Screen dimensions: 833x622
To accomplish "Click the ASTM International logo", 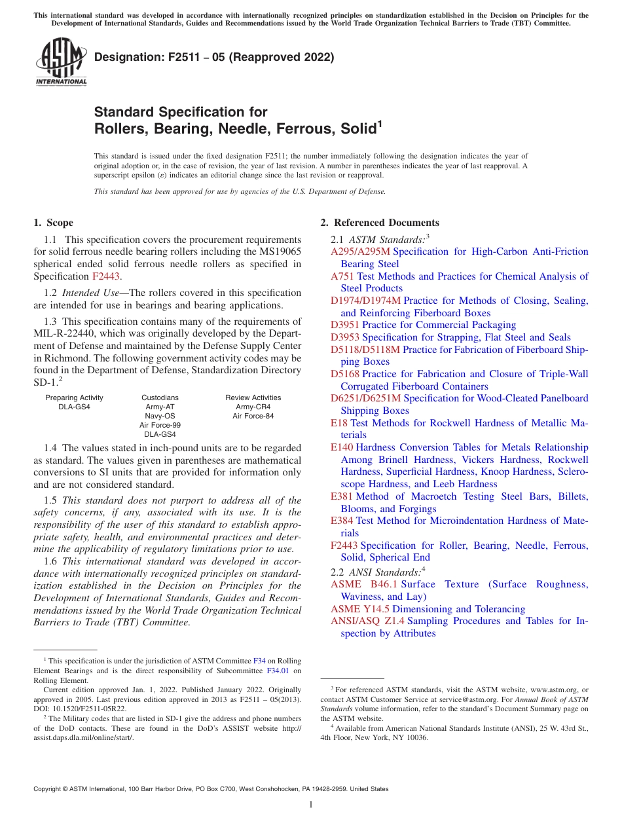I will pos(60,62).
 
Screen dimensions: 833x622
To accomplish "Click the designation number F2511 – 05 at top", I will pos(214,57).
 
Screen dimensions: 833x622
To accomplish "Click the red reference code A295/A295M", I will pos(360,251).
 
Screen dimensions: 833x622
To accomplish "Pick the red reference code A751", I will pos(342,276).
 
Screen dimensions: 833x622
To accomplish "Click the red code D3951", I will pos(345,325).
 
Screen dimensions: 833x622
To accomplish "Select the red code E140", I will pos(342,447).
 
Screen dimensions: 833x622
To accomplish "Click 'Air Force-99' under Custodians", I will pos(160,425).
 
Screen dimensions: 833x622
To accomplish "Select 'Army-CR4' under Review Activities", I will pos(253,407).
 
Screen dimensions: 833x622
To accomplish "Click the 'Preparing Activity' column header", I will pos(74,398).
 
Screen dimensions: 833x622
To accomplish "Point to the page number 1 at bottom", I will pos(311,805).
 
